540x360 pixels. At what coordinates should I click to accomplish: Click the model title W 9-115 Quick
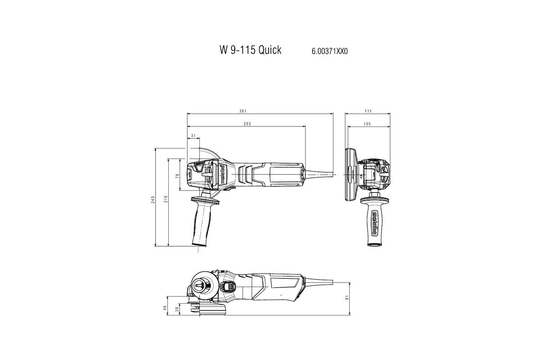coord(250,50)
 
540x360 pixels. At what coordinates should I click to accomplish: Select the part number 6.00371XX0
coord(330,52)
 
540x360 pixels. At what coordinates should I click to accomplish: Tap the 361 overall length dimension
coord(243,111)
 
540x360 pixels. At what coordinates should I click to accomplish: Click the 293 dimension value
coord(247,124)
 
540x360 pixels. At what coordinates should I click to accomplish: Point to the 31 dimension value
coord(193,136)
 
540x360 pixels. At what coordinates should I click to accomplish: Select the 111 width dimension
coord(368,111)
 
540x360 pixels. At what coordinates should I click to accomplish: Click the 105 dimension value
coord(367,124)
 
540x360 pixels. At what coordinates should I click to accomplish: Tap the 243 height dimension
coord(153,200)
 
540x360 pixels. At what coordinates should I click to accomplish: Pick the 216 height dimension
coord(166,199)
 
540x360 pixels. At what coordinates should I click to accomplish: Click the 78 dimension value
coord(178,176)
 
